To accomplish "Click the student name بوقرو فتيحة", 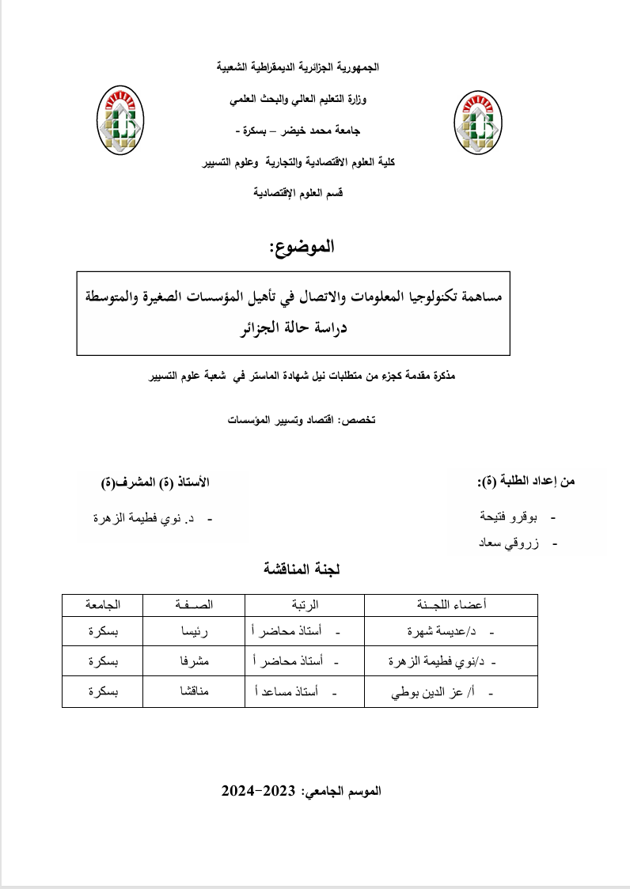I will pos(508,518).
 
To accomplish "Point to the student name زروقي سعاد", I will pos(509,544).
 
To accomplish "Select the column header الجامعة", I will pos(103,605).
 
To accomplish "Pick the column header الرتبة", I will pos(306,605).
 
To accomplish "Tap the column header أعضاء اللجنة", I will pos(451,605).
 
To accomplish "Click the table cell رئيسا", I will pos(195,632).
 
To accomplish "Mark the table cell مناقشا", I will pos(195,692).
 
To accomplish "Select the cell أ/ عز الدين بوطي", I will pos(436,693).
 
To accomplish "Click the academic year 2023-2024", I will pos(258,790).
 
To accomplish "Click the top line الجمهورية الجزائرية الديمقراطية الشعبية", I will pos(298,68).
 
